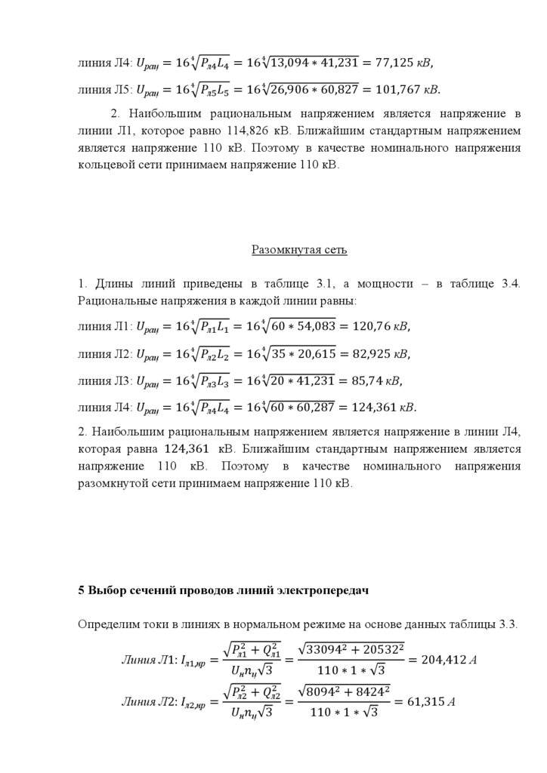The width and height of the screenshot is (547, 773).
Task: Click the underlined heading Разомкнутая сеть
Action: click(x=299, y=248)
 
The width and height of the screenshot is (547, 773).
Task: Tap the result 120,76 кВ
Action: click(x=377, y=326)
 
